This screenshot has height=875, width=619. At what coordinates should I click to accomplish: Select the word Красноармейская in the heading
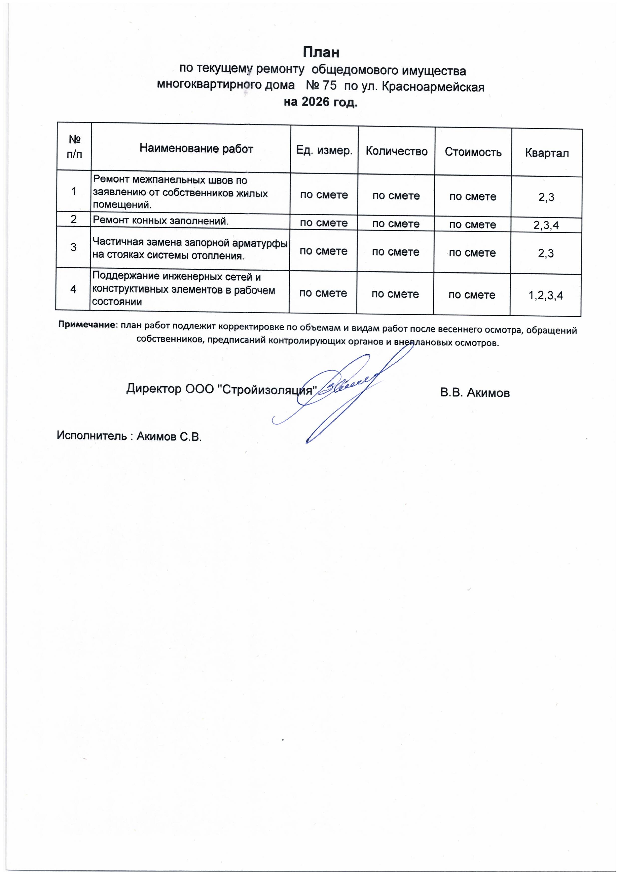433,87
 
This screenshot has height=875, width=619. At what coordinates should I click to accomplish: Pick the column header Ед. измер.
324,151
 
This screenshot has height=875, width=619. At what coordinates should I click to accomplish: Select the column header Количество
397,152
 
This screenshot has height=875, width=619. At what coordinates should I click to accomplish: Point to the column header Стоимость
473,152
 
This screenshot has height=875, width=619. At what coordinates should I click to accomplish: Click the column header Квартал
547,153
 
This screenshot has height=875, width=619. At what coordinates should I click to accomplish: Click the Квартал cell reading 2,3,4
546,225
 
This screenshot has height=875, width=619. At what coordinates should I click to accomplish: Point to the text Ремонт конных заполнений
160,220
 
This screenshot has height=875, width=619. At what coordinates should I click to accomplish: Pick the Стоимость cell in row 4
472,295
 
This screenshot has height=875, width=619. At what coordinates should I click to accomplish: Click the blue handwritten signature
343,393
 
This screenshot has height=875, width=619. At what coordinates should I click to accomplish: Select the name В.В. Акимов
474,393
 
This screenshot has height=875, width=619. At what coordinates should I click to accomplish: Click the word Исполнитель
92,435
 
